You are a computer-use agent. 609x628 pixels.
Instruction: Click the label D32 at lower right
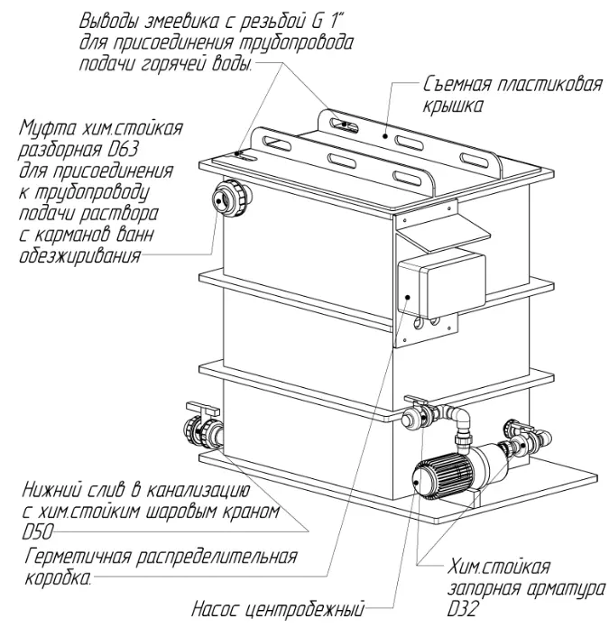(464, 610)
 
